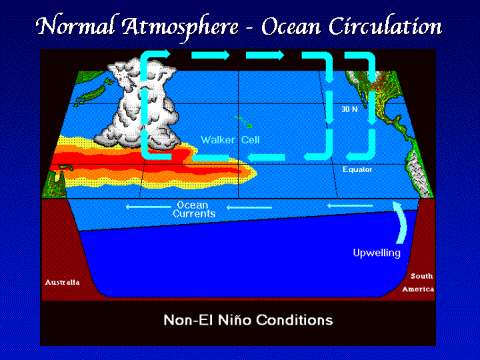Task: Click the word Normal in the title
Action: [x=75, y=26]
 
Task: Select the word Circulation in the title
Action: [x=385, y=26]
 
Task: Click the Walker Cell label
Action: [x=230, y=140]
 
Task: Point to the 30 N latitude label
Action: [x=349, y=109]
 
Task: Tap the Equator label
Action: [x=357, y=169]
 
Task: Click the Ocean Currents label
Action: [x=194, y=209]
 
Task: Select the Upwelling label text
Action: [x=377, y=253]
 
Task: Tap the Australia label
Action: [x=63, y=282]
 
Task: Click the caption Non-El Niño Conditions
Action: [x=248, y=320]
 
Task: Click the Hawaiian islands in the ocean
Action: [x=243, y=122]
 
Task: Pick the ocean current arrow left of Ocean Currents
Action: [x=148, y=207]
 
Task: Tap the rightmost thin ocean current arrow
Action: [x=350, y=206]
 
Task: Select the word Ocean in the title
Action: [x=291, y=27]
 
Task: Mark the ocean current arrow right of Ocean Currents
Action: [x=249, y=207]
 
